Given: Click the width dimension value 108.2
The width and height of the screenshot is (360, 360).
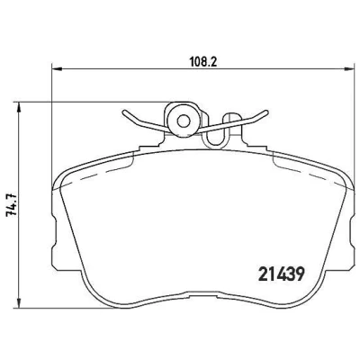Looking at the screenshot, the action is point(203,62).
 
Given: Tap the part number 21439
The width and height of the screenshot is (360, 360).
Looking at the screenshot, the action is point(282,274).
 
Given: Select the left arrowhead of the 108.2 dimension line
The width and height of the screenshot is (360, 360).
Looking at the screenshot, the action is point(57,69).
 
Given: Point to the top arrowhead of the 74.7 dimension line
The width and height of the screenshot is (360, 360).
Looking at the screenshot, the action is point(19,107).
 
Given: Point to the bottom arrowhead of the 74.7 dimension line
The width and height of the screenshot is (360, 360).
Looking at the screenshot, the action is point(19,302).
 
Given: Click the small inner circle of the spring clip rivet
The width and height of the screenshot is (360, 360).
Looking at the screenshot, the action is point(183,121).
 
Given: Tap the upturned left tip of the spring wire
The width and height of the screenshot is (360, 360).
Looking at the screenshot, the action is point(124,112).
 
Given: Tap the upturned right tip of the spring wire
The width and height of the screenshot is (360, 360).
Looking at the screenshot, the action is point(265,112).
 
